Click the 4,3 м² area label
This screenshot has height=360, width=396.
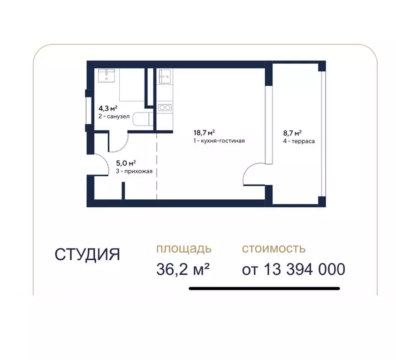pos(107,107)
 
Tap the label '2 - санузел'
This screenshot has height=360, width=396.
pos(114,116)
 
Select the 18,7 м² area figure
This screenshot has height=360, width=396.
pos(206,133)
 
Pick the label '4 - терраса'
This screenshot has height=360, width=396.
pos(298,141)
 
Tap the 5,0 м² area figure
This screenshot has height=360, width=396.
pos(126,164)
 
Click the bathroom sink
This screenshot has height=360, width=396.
pos(107,75)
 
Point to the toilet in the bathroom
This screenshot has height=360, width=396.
pos(141,119)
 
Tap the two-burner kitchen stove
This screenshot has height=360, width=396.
pos(164,107)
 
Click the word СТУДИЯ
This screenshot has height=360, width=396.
pos(87,255)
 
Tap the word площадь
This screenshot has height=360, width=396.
pos(184,248)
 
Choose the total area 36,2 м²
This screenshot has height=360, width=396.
pos(183,269)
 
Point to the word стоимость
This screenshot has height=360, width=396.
pos(274,248)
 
